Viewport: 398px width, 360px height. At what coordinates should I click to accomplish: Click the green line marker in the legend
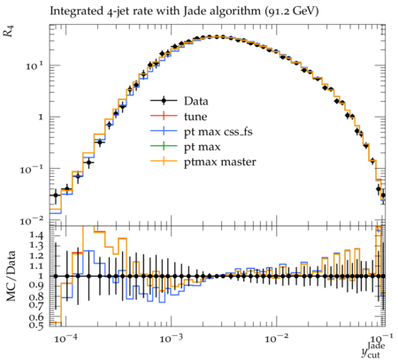(x=164, y=147)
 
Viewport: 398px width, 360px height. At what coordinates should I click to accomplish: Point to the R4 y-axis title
(x=9, y=31)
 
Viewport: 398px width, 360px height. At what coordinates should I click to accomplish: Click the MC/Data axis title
(x=11, y=276)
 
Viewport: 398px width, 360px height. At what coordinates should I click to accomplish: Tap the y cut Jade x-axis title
(x=373, y=349)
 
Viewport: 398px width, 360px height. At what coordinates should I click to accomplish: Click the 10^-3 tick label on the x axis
(x=170, y=339)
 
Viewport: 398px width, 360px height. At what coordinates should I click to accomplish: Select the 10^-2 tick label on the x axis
(x=275, y=339)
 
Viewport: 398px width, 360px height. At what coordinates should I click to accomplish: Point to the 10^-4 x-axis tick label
(x=64, y=339)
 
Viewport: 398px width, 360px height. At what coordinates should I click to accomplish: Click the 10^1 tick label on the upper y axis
(x=35, y=65)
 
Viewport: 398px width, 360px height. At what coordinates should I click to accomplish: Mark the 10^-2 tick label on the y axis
(x=33, y=220)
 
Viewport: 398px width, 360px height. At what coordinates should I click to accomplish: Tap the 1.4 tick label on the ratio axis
(x=36, y=235)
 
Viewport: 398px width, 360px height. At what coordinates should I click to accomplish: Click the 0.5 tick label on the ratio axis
(x=36, y=326)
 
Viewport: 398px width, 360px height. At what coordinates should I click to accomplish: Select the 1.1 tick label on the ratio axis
(x=36, y=266)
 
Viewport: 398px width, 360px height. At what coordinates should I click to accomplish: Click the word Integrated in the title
(x=75, y=11)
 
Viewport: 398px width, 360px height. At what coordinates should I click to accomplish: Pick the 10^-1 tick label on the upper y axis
(x=33, y=169)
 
